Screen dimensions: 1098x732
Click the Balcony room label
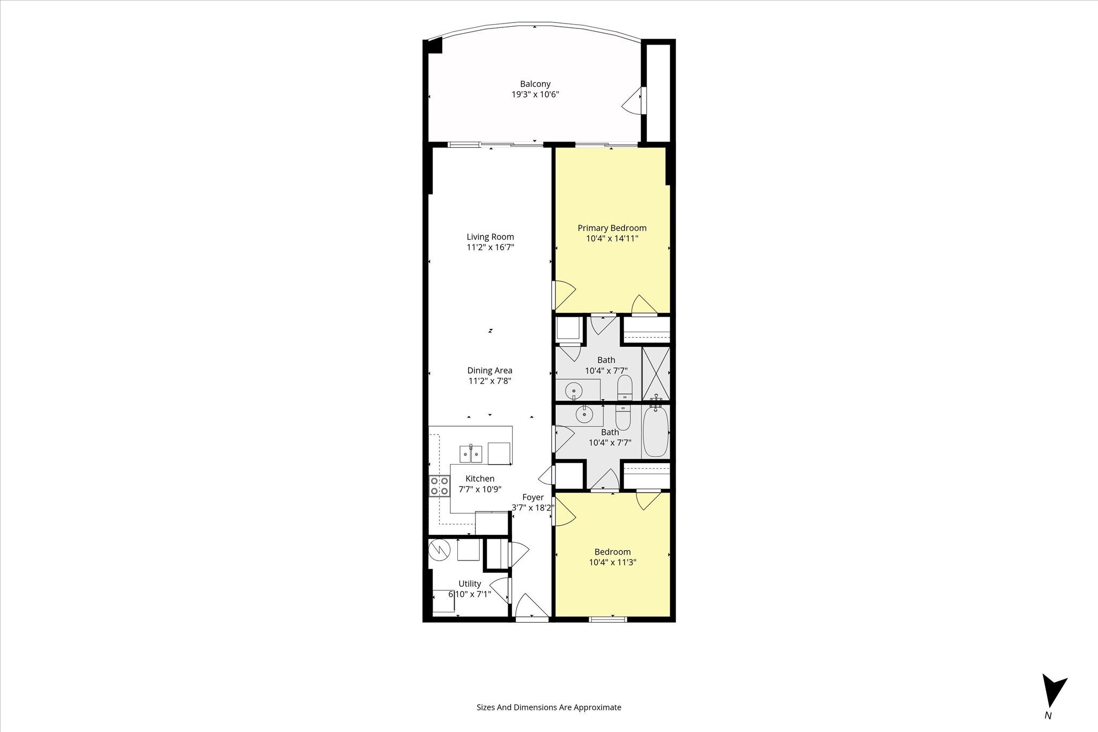pyautogui.click(x=535, y=84)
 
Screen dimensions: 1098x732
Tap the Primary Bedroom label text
pyautogui.click(x=612, y=228)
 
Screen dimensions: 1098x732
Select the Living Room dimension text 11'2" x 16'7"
pyautogui.click(x=490, y=248)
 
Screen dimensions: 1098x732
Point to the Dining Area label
pyautogui.click(x=489, y=370)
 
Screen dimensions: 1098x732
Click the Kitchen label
pyautogui.click(x=480, y=479)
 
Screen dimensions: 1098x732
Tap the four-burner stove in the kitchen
pyautogui.click(x=439, y=486)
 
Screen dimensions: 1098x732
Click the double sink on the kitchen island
pyautogui.click(x=96, y=454)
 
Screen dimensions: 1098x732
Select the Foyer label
pyautogui.click(x=533, y=497)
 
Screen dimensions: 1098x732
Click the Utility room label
pyautogui.click(x=470, y=584)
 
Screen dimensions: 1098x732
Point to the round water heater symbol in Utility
pyautogui.click(x=439, y=550)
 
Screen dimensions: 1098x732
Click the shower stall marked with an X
pyautogui.click(x=656, y=374)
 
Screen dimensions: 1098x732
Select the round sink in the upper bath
pyautogui.click(x=574, y=388)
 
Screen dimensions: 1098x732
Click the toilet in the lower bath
pyautogui.click(x=622, y=418)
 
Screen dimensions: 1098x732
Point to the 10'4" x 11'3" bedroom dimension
pyautogui.click(x=612, y=563)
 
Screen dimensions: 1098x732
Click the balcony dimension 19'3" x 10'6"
pyautogui.click(x=536, y=95)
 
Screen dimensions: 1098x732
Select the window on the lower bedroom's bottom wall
pyautogui.click(x=607, y=619)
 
